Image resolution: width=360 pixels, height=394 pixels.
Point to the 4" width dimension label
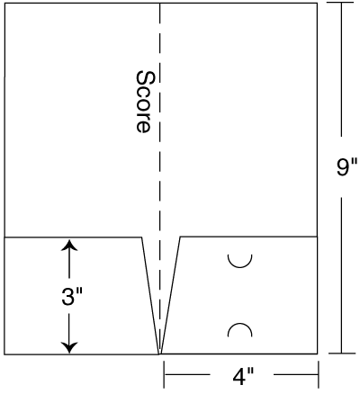[243, 376]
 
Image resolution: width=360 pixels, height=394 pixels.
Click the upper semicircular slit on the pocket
[239, 266]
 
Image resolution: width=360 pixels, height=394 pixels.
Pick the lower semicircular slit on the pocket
[239, 324]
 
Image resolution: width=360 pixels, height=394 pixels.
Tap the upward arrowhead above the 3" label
[69, 245]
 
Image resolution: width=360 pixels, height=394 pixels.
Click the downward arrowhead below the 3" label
[69, 347]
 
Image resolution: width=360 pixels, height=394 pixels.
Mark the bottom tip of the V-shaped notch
[160, 354]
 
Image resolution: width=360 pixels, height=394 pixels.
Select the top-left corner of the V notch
[141, 237]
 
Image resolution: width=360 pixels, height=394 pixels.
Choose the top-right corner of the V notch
[180, 237]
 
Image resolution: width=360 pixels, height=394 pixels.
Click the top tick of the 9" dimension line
[341, 3]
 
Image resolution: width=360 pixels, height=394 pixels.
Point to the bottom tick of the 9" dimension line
[342, 354]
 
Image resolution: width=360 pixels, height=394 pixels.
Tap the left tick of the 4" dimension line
[164, 374]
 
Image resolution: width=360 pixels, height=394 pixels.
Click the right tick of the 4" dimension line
[318, 374]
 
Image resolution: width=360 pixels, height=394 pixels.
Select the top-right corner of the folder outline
[317, 4]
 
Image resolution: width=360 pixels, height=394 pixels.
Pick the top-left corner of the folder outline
[4, 4]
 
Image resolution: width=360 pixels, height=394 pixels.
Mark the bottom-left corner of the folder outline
[4, 354]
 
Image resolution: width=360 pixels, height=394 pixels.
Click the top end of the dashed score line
[160, 4]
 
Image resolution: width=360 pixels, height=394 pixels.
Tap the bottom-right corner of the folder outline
[318, 354]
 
